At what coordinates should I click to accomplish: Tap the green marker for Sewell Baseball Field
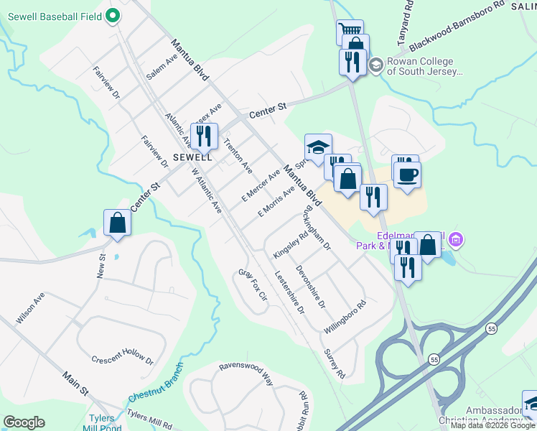click(113, 14)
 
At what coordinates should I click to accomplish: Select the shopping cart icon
click(349, 30)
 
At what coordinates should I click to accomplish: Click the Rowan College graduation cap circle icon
click(375, 66)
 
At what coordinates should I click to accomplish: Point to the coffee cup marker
click(407, 174)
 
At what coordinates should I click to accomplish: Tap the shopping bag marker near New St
click(117, 223)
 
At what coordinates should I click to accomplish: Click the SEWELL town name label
click(192, 157)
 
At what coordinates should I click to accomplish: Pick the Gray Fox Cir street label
click(253, 285)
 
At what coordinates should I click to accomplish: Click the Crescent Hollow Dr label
click(123, 359)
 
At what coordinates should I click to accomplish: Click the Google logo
click(24, 422)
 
